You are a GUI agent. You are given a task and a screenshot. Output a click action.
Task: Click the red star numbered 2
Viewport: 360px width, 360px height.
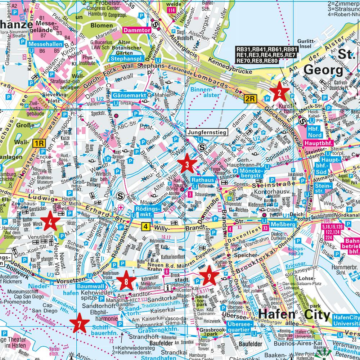[x=279, y=93]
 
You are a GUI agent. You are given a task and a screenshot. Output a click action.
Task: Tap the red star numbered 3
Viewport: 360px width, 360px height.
[x=187, y=165]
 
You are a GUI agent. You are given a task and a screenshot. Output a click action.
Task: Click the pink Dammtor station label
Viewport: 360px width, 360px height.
[x=136, y=31]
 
